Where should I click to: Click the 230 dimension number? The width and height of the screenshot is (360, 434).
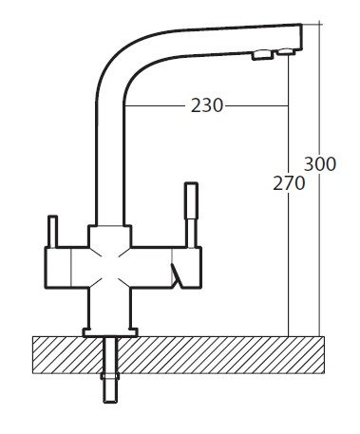point(207,105)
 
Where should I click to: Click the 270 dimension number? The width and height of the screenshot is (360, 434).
point(289,183)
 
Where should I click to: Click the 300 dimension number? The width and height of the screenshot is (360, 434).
point(320,164)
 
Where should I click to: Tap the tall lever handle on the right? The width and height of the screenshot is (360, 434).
point(192,215)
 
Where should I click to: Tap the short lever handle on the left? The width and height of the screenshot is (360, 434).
point(52,232)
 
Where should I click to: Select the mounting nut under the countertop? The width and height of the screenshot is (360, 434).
point(110,376)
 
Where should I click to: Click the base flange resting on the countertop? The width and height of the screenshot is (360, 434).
point(110,332)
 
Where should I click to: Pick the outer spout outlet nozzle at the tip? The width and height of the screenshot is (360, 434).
point(287,52)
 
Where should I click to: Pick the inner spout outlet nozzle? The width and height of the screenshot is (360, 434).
point(262,55)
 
